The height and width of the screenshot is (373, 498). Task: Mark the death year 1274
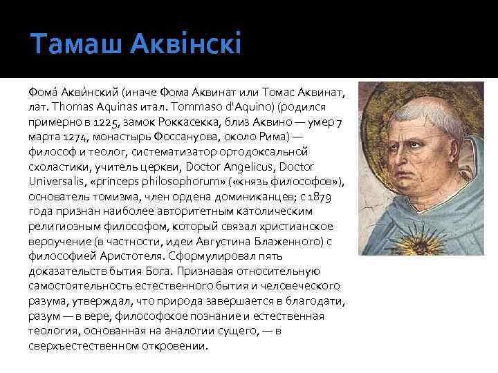pos(67,138)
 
